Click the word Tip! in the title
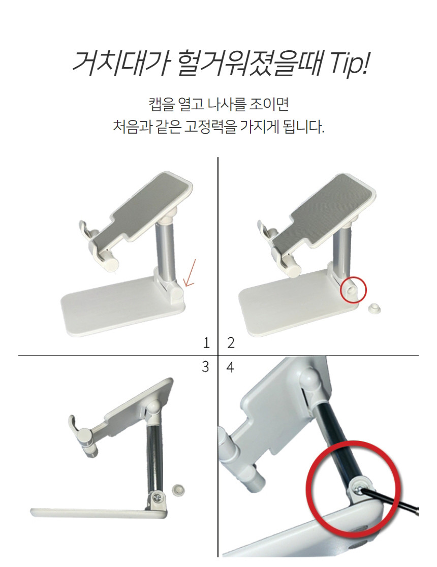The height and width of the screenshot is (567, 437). [349, 64]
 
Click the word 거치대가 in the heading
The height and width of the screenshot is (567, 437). [120, 64]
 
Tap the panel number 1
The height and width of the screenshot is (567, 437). [206, 342]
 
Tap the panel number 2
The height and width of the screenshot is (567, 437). [231, 342]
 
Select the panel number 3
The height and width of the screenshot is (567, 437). [205, 367]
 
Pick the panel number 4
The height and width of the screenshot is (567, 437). [230, 367]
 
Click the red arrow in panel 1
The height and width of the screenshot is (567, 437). [190, 273]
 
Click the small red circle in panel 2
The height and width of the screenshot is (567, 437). [354, 289]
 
